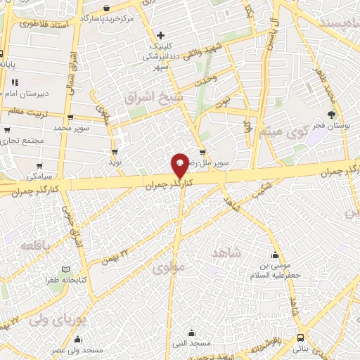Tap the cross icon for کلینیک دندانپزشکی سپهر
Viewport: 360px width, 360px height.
161,34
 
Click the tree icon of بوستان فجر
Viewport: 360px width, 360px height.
331,114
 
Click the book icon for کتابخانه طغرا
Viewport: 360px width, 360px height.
65,269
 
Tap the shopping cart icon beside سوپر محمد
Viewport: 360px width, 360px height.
70,118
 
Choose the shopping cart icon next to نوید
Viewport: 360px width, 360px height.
114,151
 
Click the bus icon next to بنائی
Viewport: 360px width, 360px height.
300,337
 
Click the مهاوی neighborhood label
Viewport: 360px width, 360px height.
167,267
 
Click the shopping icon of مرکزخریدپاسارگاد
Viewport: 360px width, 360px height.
105,8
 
